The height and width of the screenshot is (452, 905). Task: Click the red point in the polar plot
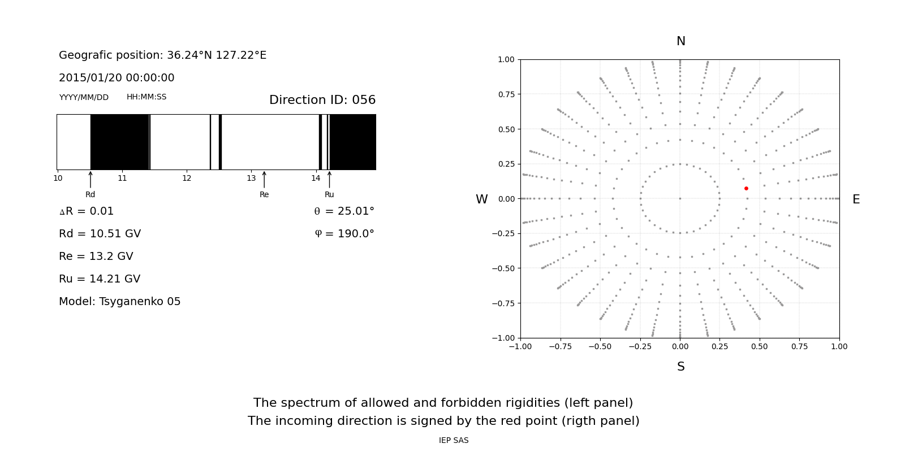click(x=746, y=188)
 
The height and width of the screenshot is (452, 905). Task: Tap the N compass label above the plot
click(x=680, y=41)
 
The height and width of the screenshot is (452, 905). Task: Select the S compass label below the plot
click(x=680, y=367)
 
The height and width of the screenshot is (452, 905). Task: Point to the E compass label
click(x=856, y=199)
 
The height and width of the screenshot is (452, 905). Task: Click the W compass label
click(x=481, y=199)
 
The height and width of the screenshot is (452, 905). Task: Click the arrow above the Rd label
click(x=90, y=180)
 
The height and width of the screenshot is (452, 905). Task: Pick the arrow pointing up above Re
click(x=264, y=180)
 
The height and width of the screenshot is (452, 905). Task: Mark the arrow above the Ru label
click(x=329, y=180)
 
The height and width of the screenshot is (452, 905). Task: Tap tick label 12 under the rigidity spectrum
click(x=187, y=179)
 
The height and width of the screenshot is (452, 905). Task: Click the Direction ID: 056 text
click(x=322, y=100)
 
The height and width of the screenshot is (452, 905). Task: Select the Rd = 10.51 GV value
click(x=100, y=234)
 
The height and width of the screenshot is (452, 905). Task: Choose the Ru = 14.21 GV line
click(x=100, y=279)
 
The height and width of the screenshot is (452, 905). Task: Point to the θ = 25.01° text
click(x=344, y=211)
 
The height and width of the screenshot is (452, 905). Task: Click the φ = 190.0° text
click(x=344, y=234)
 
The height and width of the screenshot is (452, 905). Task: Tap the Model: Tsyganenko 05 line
click(x=119, y=302)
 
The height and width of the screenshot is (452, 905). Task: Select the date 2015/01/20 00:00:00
click(x=117, y=78)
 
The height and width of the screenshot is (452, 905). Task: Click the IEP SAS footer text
click(x=454, y=441)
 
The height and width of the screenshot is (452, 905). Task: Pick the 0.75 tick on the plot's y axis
click(x=506, y=94)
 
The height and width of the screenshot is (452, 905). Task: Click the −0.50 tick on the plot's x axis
click(x=600, y=346)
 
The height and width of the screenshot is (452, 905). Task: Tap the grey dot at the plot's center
click(x=680, y=198)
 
